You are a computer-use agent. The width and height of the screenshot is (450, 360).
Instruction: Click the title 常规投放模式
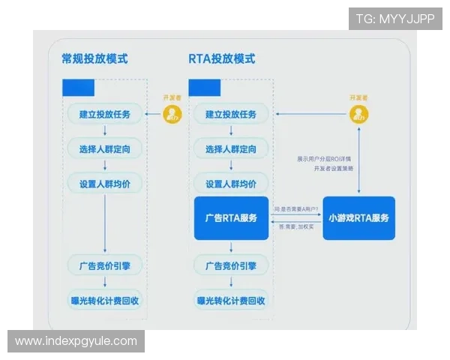pyautogui.click(x=94, y=59)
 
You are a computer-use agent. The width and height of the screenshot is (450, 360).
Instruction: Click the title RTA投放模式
pyautogui.click(x=221, y=59)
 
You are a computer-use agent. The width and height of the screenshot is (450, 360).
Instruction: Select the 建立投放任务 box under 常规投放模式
pyautogui.click(x=104, y=114)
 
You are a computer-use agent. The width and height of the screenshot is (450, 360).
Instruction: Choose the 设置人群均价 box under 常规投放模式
pyautogui.click(x=104, y=184)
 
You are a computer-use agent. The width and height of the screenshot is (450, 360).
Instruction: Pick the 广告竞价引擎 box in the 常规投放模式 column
pyautogui.click(x=104, y=265)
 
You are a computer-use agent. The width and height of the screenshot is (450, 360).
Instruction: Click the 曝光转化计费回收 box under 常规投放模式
pyautogui.click(x=104, y=301)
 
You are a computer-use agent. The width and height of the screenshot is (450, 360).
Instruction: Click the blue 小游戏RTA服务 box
pyautogui.click(x=358, y=218)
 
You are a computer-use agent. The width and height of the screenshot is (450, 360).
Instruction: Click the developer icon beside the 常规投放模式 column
pyautogui.click(x=173, y=114)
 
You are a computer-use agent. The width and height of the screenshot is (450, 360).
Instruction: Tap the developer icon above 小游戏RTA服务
pyautogui.click(x=359, y=114)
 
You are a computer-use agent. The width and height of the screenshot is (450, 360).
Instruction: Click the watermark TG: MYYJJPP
pyautogui.click(x=395, y=19)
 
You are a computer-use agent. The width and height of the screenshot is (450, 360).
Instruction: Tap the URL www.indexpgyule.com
pyautogui.click(x=76, y=341)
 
